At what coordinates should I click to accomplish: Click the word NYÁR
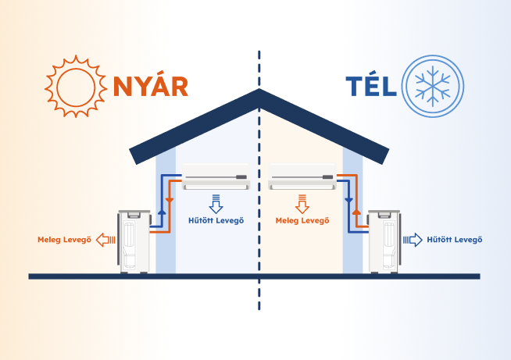151,85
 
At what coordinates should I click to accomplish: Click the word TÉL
371,85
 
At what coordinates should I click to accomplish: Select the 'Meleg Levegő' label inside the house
302,220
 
